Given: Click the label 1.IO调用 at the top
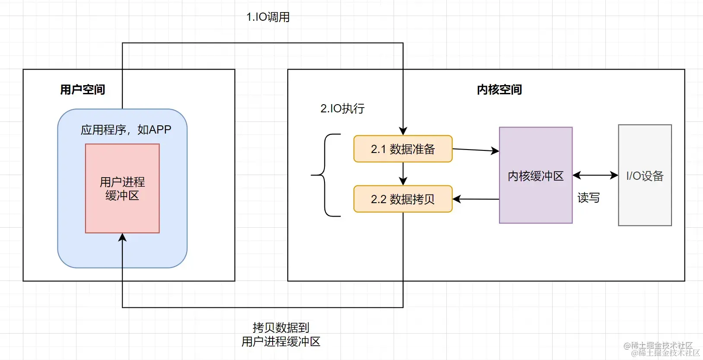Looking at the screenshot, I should pos(268,17).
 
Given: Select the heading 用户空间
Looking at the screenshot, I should pos(83,89).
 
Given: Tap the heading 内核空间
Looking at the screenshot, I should pos(499,89).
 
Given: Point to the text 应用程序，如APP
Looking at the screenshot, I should pos(126,130).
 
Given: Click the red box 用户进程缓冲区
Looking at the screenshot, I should pos(122,189).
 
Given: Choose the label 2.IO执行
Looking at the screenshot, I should pos(342,108).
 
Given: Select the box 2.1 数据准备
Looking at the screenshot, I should pos(403,149).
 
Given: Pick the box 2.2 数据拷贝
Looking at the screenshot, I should pos(403,199).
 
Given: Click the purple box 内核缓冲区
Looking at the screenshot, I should pos(535,175).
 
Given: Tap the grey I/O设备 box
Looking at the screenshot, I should pos(645,175).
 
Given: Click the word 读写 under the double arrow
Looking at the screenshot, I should pos(588,198).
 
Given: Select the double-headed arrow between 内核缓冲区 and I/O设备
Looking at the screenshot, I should pos(595,175).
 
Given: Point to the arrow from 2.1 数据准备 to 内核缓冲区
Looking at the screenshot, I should pos(475,150).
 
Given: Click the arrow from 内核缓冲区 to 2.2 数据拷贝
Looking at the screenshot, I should pos(475,199).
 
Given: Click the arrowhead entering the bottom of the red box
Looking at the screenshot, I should pos(122,238).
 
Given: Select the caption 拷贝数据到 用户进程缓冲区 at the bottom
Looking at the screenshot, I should pos(281,335).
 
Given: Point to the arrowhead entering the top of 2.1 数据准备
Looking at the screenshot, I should pos(403,131).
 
